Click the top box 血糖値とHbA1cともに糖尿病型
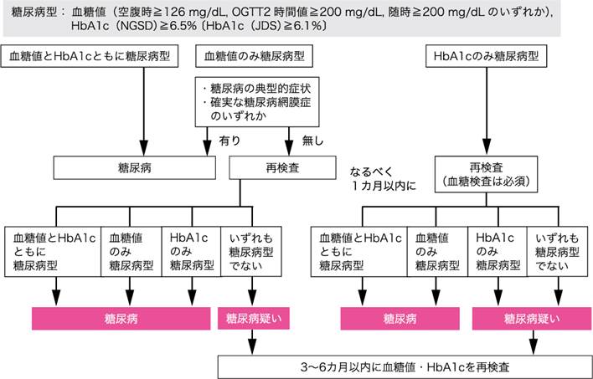73,57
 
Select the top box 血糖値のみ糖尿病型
254,57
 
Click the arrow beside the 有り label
209,141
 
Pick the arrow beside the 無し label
287,141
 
